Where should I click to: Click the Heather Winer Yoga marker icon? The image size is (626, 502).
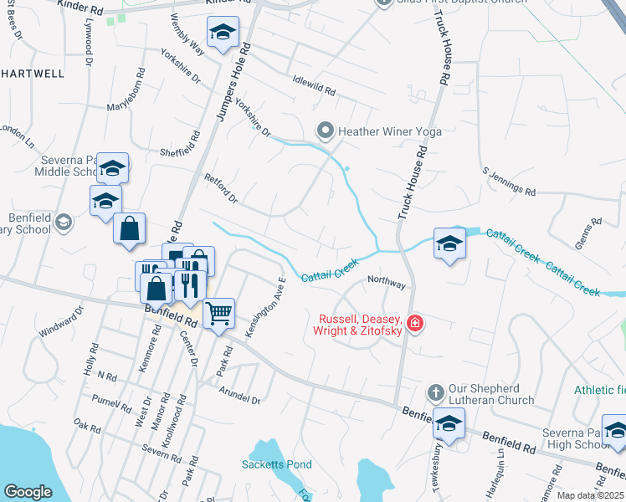pyautogui.click(x=324, y=131)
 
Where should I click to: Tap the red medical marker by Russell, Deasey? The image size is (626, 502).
pyautogui.click(x=413, y=323)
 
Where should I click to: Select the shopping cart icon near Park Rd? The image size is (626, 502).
pyautogui.click(x=218, y=314)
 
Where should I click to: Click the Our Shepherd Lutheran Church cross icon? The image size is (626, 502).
pyautogui.click(x=434, y=392)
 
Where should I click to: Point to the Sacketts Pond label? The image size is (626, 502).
pyautogui.click(x=276, y=464)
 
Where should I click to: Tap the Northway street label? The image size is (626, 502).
pyautogui.click(x=386, y=284)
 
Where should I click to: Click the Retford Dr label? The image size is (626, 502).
pyautogui.click(x=222, y=189)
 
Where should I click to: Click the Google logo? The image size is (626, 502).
pyautogui.click(x=28, y=492)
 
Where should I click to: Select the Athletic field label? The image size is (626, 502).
pyautogui.click(x=599, y=390)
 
